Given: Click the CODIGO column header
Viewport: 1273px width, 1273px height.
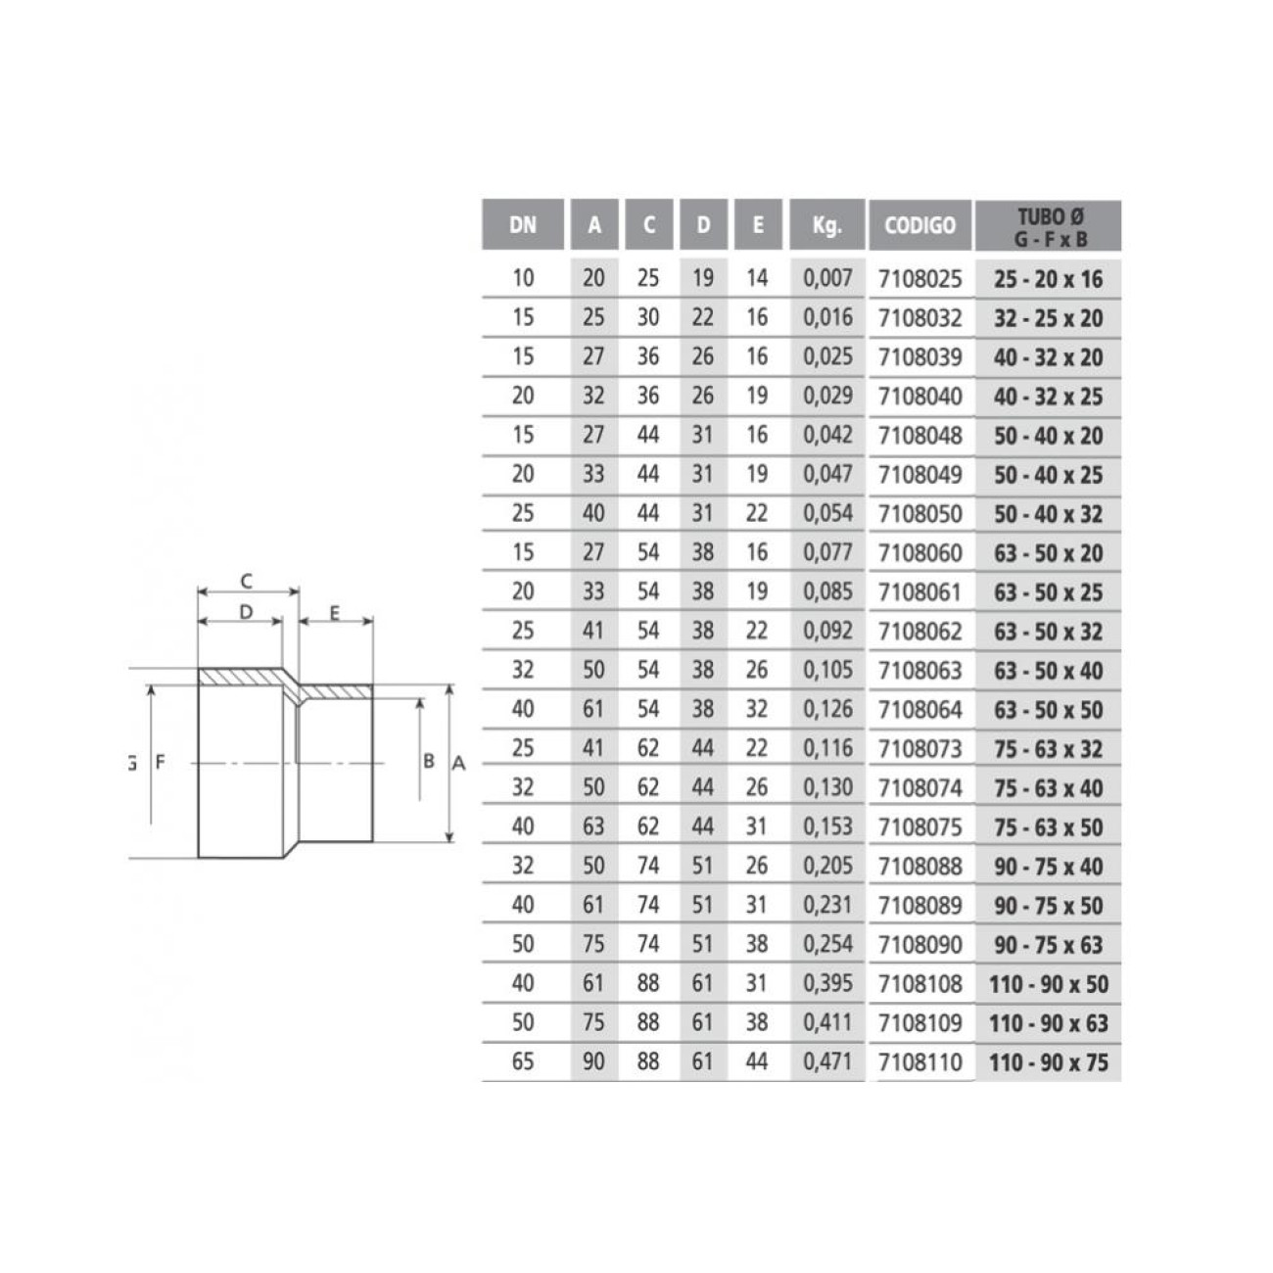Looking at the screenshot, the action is pyautogui.click(x=919, y=225).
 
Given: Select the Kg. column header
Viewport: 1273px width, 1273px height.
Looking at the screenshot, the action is pyautogui.click(x=827, y=225).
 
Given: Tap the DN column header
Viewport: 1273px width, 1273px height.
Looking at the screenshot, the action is pyautogui.click(x=523, y=225).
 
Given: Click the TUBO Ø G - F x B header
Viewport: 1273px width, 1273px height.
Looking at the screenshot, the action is pyautogui.click(x=1051, y=227).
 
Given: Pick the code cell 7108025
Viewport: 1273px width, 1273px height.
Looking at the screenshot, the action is pyautogui.click(x=919, y=279).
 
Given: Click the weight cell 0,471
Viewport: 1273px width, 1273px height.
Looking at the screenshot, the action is pyautogui.click(x=827, y=1061).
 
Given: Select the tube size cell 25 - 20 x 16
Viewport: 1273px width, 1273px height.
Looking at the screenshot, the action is pyautogui.click(x=1049, y=279).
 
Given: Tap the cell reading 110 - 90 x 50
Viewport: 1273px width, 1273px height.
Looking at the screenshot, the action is pyautogui.click(x=1049, y=984).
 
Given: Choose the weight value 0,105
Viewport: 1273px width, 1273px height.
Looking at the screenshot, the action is pyautogui.click(x=827, y=670).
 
